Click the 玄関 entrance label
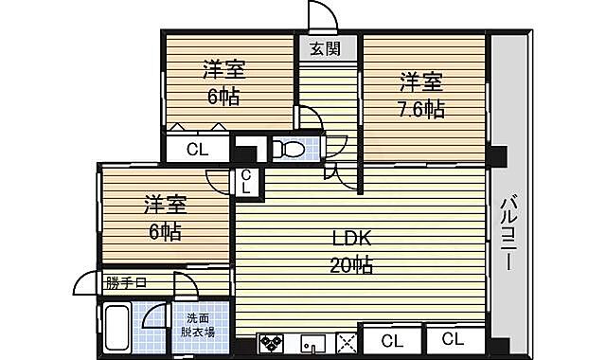(318, 47)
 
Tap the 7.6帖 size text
(419, 109)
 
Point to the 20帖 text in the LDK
(351, 265)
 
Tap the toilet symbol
(289, 149)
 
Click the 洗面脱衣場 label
(199, 325)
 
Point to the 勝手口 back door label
(125, 282)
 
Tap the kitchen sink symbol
(313, 343)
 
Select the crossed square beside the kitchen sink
(346, 343)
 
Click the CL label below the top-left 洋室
(197, 149)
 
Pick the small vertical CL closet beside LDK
(245, 180)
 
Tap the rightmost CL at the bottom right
(453, 339)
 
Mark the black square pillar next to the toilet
(246, 150)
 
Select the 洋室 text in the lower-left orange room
(165, 205)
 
